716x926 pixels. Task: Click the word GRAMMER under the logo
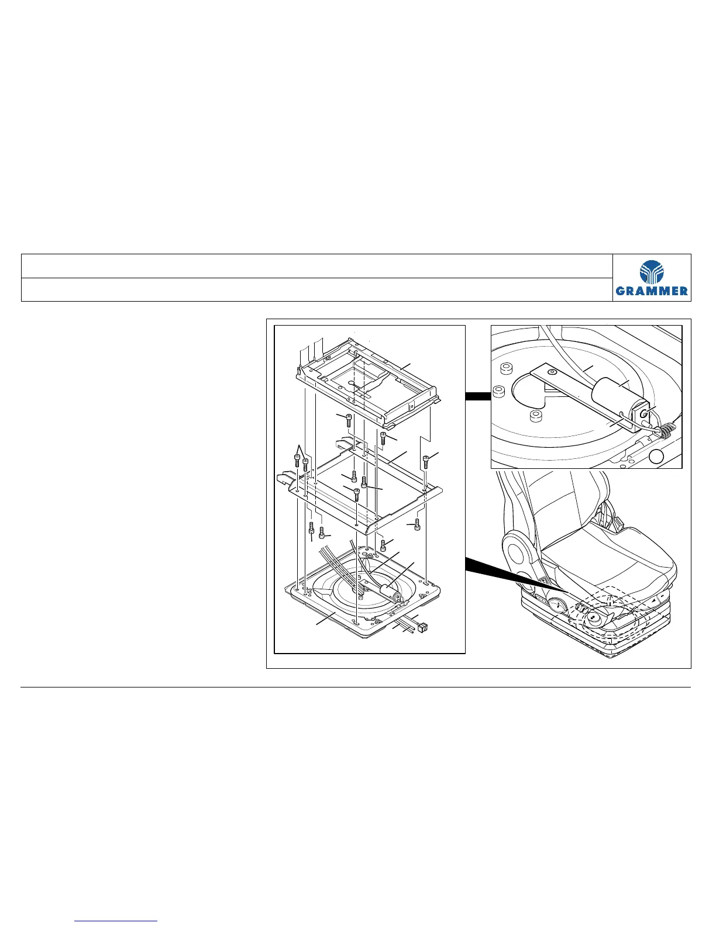click(652, 291)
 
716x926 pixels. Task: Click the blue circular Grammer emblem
click(652, 272)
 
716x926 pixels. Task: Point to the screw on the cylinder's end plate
click(644, 414)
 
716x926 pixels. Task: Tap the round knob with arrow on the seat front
click(593, 617)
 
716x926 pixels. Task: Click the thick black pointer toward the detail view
click(477, 397)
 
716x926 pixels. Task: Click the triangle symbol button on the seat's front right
click(652, 602)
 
